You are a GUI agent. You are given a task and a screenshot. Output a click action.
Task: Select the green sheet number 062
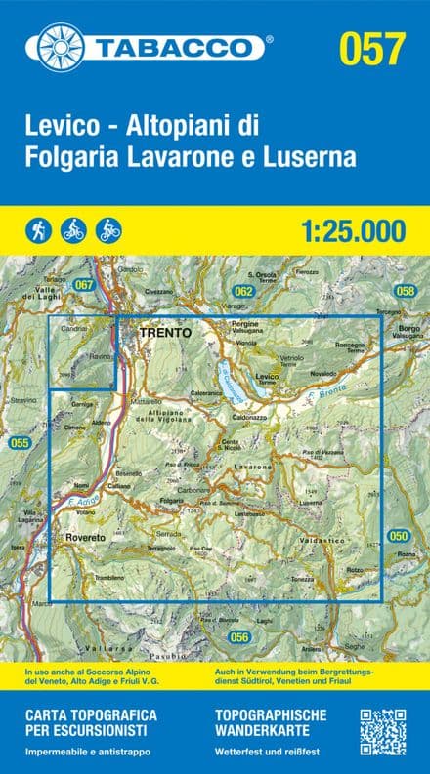[243, 291]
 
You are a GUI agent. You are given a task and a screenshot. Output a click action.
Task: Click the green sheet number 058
[405, 291]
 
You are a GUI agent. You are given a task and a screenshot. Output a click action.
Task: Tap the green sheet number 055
[20, 443]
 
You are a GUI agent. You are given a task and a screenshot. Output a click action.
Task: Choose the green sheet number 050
[398, 536]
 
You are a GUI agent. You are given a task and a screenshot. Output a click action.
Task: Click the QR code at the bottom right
[382, 731]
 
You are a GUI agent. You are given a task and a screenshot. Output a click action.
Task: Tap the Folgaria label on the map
[173, 500]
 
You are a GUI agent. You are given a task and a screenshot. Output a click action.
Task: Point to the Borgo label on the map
[408, 329]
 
